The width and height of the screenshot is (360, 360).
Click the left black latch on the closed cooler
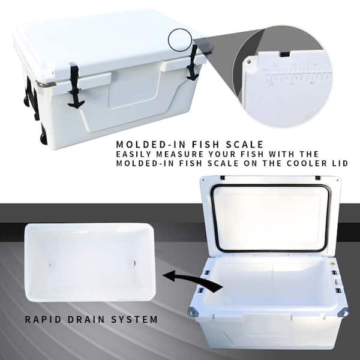(x=74, y=87)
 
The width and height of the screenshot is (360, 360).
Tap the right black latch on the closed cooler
(x=193, y=63)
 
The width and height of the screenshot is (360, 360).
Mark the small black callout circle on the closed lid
(x=179, y=40)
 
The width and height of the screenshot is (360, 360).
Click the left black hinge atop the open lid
(x=222, y=178)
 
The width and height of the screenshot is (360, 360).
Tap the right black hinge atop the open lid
(x=317, y=178)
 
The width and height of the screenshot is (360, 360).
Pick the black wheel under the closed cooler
(x=44, y=139)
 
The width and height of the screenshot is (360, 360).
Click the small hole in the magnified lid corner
(x=249, y=60)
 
